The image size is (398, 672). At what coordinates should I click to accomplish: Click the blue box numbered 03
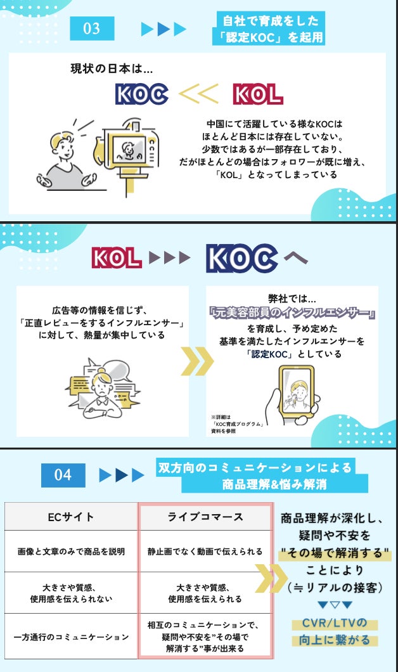click(92, 29)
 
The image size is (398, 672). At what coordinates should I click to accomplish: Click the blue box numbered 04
click(63, 475)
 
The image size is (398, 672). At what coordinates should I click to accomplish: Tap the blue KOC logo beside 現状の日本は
click(142, 94)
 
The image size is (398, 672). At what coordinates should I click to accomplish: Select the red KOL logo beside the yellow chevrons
click(257, 94)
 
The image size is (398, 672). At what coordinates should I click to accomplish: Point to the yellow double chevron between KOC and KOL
click(198, 94)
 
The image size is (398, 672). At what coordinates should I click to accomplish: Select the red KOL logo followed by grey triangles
click(116, 257)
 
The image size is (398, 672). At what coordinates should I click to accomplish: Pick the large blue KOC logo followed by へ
click(241, 258)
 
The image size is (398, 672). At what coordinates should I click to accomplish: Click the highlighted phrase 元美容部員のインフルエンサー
click(292, 314)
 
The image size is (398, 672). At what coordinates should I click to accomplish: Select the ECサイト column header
click(71, 517)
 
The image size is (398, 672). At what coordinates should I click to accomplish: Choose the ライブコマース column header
click(205, 517)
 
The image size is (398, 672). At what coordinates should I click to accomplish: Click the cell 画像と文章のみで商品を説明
click(71, 551)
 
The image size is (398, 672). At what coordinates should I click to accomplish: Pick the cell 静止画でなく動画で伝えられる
click(205, 551)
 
